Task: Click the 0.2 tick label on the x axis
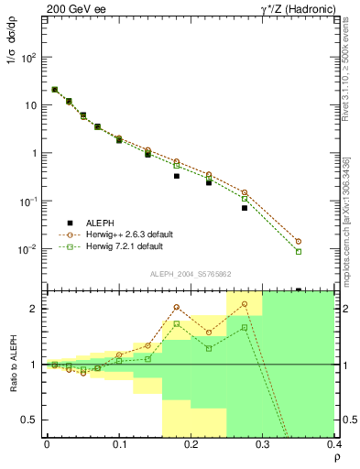pos(191,445)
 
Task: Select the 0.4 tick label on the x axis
pos(333,445)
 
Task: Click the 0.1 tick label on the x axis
pos(119,445)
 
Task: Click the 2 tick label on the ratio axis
pos(37,309)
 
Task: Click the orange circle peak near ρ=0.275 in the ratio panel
pos(245,304)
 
